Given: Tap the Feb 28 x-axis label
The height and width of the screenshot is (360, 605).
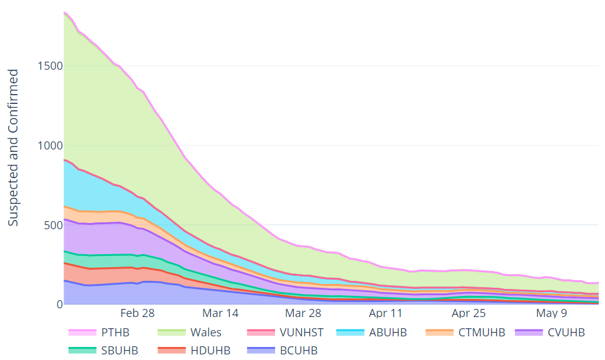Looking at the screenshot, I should click(x=138, y=313).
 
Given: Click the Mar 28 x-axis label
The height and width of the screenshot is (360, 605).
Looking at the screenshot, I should click(x=304, y=313).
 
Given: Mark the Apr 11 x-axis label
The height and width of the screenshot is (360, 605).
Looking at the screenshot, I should click(x=386, y=313).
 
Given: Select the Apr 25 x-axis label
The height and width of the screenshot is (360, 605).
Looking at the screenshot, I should click(x=468, y=313).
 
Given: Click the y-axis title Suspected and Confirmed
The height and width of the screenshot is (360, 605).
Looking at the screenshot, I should click(x=14, y=148).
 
